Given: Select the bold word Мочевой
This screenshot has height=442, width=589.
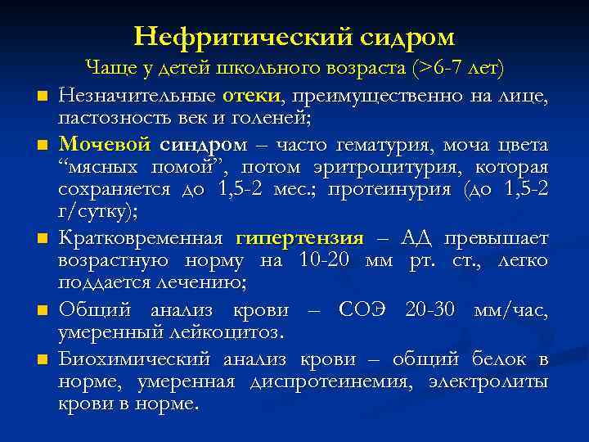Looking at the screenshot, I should pyautogui.click(x=104, y=146).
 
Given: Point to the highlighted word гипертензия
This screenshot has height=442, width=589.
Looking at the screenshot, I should pyautogui.click(x=299, y=239).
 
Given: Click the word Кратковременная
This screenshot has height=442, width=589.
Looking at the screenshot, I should pyautogui.click(x=141, y=239).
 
